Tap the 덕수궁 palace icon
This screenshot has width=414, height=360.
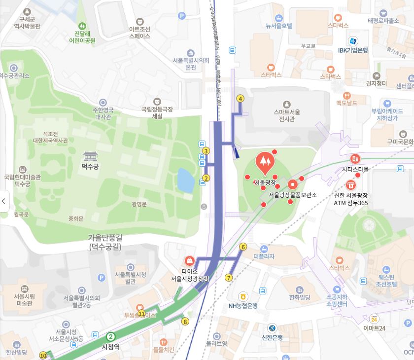(90, 156)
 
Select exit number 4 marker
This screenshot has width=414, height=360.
(241, 99)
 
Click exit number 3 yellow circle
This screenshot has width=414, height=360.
(206, 151)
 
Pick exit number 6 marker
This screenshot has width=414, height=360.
(243, 247)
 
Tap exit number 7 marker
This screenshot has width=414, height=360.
(229, 278)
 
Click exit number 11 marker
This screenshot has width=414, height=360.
(141, 314)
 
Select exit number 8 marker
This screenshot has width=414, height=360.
(185, 322)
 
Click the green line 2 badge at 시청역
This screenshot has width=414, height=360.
(111, 337)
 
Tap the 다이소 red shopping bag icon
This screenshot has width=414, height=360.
(189, 260)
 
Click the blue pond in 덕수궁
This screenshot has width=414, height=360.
(185, 180)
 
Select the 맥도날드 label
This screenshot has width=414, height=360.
(346, 103)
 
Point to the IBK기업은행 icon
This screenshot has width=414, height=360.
(353, 41)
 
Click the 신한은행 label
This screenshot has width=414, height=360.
(272, 338)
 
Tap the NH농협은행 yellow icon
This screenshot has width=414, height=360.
(242, 296)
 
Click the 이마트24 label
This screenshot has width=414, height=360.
(374, 328)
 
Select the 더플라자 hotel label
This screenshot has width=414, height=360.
(264, 256)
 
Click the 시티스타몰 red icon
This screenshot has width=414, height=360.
(355, 159)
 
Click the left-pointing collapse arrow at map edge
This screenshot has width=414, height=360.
(4, 201)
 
